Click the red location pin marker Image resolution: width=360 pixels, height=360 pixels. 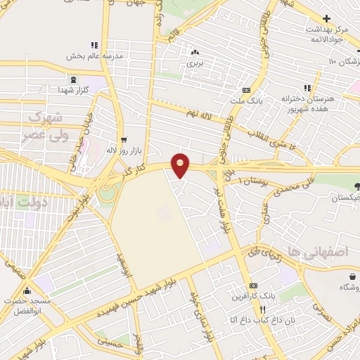click(181, 165)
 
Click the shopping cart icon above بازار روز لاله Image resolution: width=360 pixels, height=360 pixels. click(124, 140)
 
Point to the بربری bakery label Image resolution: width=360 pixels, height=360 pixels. click(195, 63)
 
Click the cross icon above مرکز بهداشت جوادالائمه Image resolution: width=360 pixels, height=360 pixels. click(326, 18)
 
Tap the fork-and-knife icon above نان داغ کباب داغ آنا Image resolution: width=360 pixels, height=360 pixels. click(262, 309)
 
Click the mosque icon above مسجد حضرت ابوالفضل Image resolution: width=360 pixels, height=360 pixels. click(27, 290)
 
